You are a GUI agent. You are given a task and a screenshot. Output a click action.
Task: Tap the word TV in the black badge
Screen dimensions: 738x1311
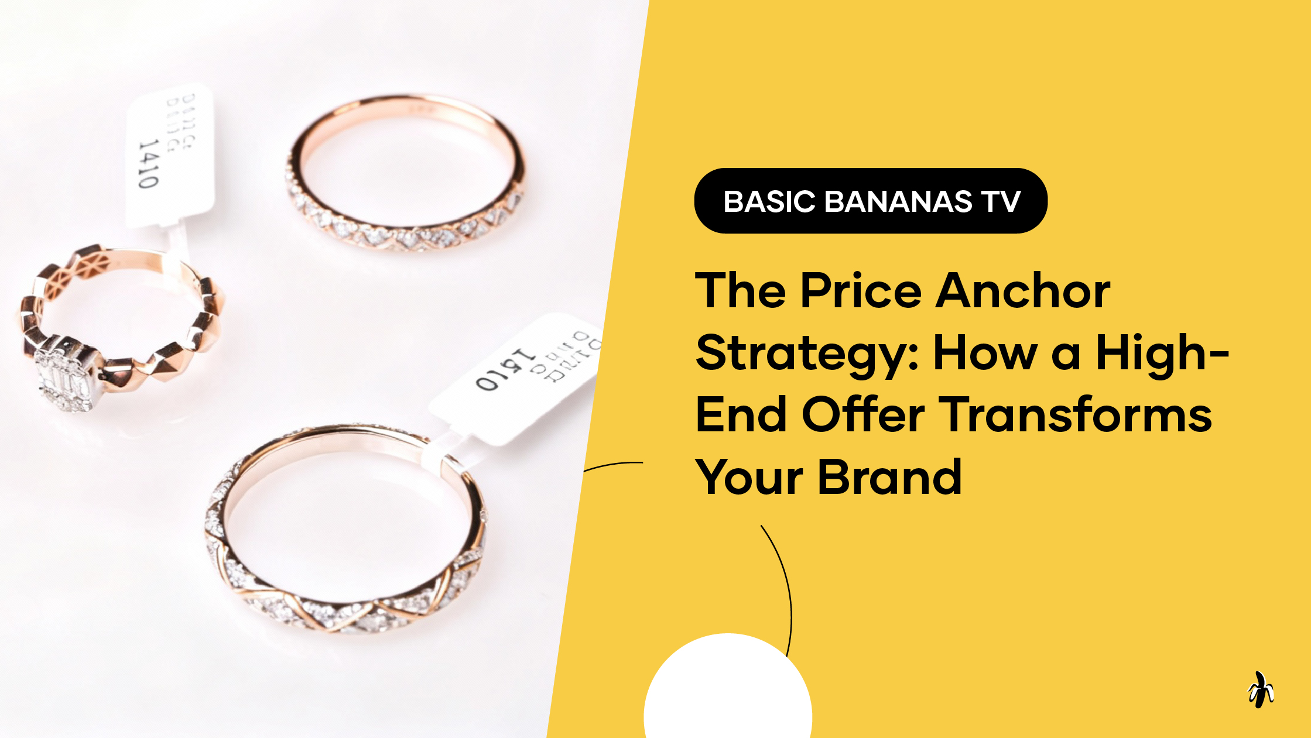1001,202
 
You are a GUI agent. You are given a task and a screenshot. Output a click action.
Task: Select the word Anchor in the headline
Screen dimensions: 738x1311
1022,291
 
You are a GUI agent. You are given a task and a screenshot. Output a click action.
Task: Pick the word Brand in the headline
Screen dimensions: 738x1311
889,478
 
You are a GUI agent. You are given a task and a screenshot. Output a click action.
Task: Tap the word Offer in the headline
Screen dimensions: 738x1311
863,415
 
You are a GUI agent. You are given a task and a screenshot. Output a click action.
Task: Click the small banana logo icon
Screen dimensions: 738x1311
1260,691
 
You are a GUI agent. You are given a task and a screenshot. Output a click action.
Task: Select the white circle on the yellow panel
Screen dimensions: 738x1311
728,696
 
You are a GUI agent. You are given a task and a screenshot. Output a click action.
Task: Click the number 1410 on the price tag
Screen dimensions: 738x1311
148,164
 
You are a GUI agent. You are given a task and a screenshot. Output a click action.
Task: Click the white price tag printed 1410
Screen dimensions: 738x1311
170,155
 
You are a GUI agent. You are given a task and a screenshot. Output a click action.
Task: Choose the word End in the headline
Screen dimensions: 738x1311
741,415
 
